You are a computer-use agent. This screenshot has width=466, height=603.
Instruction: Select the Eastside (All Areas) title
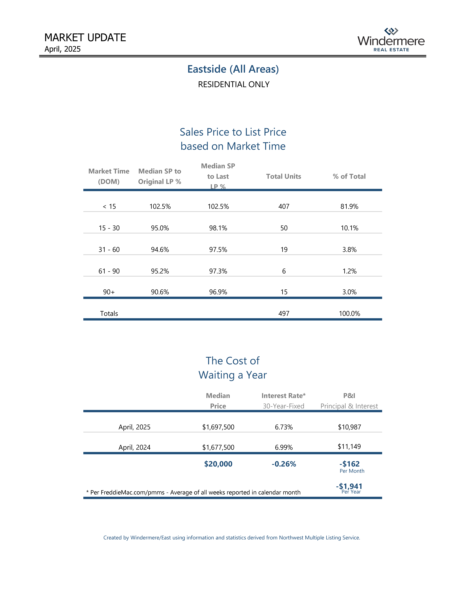233,69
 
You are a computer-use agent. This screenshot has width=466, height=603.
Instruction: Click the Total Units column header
284,176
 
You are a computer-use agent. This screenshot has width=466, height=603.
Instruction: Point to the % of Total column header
349,176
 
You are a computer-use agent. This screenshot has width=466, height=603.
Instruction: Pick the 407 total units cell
284,206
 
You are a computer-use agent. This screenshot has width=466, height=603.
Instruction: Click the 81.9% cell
349,206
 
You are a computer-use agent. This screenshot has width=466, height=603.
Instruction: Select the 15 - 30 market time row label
109,228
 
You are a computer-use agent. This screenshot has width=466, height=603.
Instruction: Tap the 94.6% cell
160,250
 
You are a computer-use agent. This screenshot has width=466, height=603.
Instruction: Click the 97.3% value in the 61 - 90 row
218,271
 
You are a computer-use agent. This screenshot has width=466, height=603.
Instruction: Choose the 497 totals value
284,314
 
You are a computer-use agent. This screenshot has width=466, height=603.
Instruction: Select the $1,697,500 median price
218,427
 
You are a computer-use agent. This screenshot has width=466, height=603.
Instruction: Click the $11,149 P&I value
349,446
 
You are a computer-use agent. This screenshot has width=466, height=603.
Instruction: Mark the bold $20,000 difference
218,464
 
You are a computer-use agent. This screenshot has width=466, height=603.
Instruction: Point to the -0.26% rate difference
284,464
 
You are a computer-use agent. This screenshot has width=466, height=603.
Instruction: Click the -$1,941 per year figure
349,486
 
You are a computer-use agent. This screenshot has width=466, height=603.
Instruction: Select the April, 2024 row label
134,447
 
